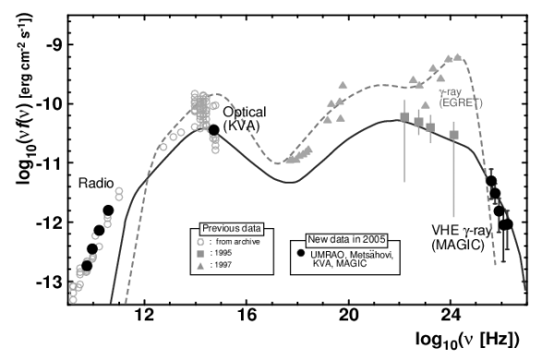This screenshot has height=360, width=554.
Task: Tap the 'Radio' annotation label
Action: click(96, 184)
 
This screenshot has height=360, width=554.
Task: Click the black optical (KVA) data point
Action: click(213, 130)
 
